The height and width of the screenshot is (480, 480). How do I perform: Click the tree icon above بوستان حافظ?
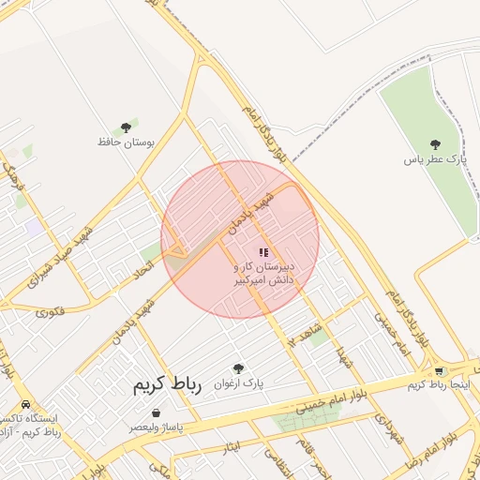[x=126, y=127]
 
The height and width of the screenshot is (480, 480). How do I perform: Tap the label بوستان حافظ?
[x=125, y=142]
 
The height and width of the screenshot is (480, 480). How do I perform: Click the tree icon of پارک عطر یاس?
[x=434, y=144]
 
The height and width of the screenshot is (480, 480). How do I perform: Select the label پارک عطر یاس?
[x=434, y=160]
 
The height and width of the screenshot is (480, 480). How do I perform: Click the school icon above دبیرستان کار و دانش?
[x=264, y=251]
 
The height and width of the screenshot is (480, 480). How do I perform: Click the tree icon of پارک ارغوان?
[x=237, y=368]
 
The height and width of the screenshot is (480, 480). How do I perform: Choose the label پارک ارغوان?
[x=238, y=383]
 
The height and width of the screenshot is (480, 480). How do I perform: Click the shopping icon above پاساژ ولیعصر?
[x=156, y=412]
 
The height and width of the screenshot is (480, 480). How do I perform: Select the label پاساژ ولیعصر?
[x=156, y=427]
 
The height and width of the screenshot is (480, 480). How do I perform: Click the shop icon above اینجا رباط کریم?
[x=438, y=369]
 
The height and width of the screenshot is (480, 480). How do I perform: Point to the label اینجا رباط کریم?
[x=438, y=384]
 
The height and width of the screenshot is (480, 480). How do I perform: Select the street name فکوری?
[x=52, y=310]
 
